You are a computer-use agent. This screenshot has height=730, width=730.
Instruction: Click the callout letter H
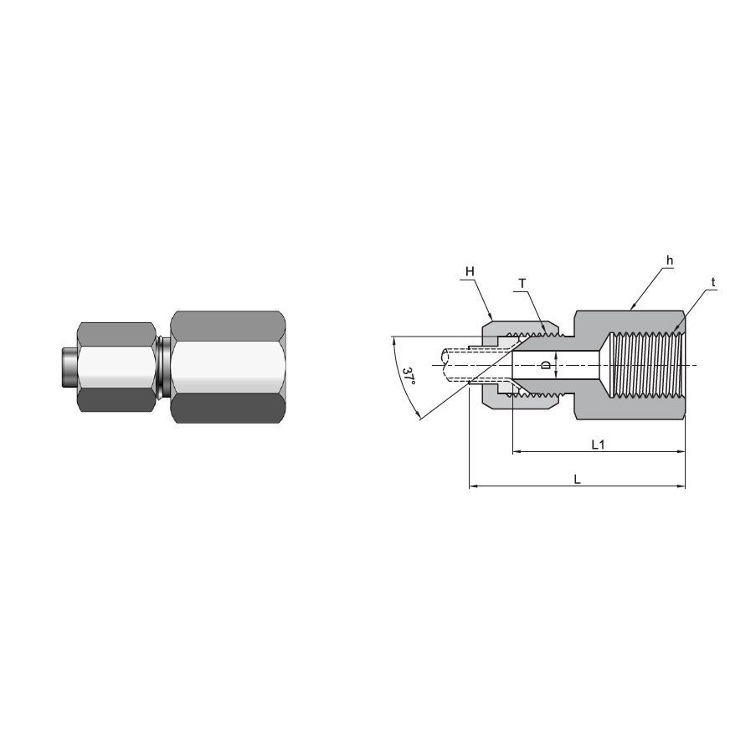tap(470, 271)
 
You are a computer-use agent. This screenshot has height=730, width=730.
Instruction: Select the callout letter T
tap(522, 284)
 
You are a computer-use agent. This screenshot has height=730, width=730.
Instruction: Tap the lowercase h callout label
tap(670, 261)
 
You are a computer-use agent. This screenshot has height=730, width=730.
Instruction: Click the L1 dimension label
tap(598, 445)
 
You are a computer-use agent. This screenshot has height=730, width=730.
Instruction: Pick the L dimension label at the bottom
tap(577, 479)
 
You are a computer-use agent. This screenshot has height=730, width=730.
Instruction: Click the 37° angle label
tap(408, 377)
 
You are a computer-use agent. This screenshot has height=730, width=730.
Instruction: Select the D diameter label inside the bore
tap(547, 366)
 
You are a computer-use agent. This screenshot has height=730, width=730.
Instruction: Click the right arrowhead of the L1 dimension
tap(681, 452)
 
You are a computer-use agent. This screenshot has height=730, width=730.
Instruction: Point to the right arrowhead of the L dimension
tap(681, 486)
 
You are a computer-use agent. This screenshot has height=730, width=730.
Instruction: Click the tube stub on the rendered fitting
tap(67, 365)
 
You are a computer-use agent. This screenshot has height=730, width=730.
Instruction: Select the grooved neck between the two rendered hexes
tap(163, 366)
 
